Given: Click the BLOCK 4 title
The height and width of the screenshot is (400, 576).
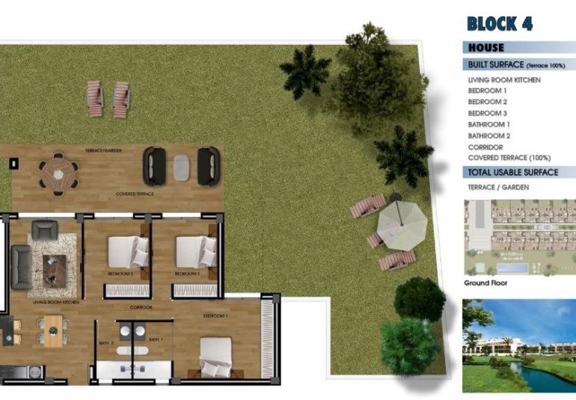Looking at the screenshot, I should pyautogui.click(x=499, y=23).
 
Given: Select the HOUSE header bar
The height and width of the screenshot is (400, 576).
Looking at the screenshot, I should pyautogui.click(x=487, y=48).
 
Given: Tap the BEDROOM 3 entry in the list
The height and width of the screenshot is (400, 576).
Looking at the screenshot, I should pyautogui.click(x=488, y=113).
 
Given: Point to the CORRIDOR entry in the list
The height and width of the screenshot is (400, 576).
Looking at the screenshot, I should pyautogui.click(x=485, y=147).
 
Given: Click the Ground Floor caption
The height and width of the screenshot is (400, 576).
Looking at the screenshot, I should pyautogui.click(x=486, y=283).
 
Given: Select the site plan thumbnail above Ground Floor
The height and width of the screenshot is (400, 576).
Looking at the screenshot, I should pyautogui.click(x=519, y=238).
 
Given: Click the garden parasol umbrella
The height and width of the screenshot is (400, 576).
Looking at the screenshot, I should pyautogui.click(x=402, y=227).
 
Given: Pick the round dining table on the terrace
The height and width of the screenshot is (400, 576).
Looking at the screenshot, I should pyautogui.click(x=58, y=174).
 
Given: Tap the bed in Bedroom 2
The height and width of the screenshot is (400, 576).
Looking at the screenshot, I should pyautogui.click(x=196, y=252).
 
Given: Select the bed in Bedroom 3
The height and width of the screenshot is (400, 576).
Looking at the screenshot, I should pyautogui.click(x=129, y=252).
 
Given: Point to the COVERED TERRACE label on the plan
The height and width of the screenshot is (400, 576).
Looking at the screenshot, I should pyautogui.click(x=135, y=194).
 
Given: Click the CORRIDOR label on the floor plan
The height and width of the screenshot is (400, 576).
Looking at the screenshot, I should pyautogui.click(x=141, y=307).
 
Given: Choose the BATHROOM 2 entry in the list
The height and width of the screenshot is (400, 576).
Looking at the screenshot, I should pyautogui.click(x=489, y=136).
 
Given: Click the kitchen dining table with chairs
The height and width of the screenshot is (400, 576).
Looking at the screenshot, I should pyautogui.click(x=52, y=330).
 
